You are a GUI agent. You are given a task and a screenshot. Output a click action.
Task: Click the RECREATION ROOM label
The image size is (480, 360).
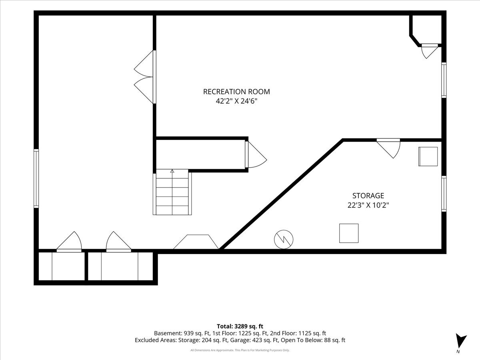click(x=236, y=92)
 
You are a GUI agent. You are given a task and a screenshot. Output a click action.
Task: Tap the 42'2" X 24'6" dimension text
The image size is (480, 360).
click(x=236, y=101)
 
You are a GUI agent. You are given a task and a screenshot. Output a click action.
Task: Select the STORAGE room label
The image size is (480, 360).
click(x=368, y=196)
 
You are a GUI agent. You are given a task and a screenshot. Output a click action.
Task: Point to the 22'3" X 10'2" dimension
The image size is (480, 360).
click(x=368, y=205)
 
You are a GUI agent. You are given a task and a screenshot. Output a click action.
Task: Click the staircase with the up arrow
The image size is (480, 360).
click(x=172, y=192)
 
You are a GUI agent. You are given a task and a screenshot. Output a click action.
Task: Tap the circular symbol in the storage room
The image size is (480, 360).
click(x=284, y=239)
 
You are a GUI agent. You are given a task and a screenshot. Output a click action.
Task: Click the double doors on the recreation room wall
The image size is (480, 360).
click(x=145, y=77)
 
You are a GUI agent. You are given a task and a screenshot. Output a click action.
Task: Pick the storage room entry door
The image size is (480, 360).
click(x=388, y=148)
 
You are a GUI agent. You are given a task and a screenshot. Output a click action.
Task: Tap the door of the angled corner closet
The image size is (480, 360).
click(x=430, y=51)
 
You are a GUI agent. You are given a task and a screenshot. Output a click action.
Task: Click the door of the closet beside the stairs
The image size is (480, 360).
click(x=256, y=154)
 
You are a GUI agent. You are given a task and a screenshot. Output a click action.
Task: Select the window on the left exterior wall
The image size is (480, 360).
click(x=36, y=178)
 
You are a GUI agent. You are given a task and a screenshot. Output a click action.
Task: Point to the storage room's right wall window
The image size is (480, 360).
click(x=444, y=194)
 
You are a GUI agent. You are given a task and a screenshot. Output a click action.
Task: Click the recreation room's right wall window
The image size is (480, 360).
click(x=444, y=80)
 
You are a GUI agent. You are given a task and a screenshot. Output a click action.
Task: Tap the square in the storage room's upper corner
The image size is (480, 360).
click(x=428, y=156)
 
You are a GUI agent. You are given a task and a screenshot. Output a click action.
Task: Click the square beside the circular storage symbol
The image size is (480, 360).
click(x=349, y=233)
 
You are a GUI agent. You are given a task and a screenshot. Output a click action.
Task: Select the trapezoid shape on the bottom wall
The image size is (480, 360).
click(x=196, y=242)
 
